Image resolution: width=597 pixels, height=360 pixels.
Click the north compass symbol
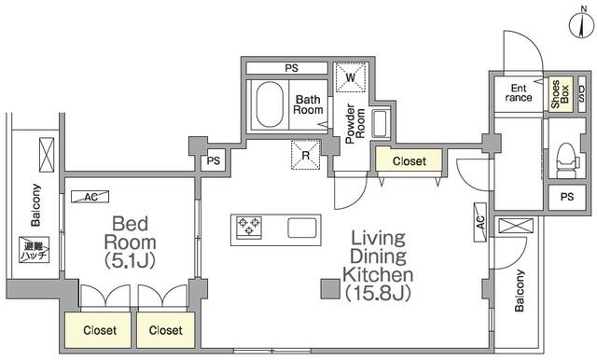pyautogui.click(x=582, y=23)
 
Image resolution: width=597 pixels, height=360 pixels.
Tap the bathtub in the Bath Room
pyautogui.click(x=270, y=104)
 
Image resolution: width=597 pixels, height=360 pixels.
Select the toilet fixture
pyautogui.click(x=567, y=160)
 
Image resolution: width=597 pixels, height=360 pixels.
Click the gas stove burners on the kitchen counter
pyautogui.click(x=249, y=228)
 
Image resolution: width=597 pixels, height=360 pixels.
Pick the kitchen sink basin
pyautogui.click(x=302, y=228)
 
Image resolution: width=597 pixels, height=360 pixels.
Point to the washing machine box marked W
pyautogui.click(x=351, y=77)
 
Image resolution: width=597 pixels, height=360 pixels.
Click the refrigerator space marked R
pyautogui.click(x=306, y=155)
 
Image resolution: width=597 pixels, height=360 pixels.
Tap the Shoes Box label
pyautogui.click(x=560, y=93)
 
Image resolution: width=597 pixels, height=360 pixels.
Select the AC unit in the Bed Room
pyautogui.click(x=90, y=197)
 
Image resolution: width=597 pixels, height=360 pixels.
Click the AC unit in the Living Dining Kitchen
pyautogui.click(x=480, y=222)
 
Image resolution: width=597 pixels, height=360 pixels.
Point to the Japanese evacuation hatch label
pyautogui.click(x=35, y=250)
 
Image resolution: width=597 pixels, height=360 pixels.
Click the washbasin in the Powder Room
pyautogui.click(x=381, y=124)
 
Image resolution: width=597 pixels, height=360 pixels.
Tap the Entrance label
pyautogui.click(x=519, y=93)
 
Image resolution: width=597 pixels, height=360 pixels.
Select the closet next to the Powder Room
pyautogui.click(x=409, y=160)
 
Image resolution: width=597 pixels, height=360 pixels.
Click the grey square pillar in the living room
pyautogui.click(x=330, y=288)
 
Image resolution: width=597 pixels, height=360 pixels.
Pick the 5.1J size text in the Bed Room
pyautogui.click(x=130, y=261)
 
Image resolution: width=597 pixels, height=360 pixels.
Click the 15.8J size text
pyautogui.click(x=378, y=293)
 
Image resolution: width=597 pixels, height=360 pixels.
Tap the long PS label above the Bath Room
pyautogui.click(x=292, y=68)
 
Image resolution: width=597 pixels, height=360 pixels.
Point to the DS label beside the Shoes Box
pyautogui.click(x=581, y=93)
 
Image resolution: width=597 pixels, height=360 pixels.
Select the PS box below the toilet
pyautogui.click(x=567, y=197)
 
